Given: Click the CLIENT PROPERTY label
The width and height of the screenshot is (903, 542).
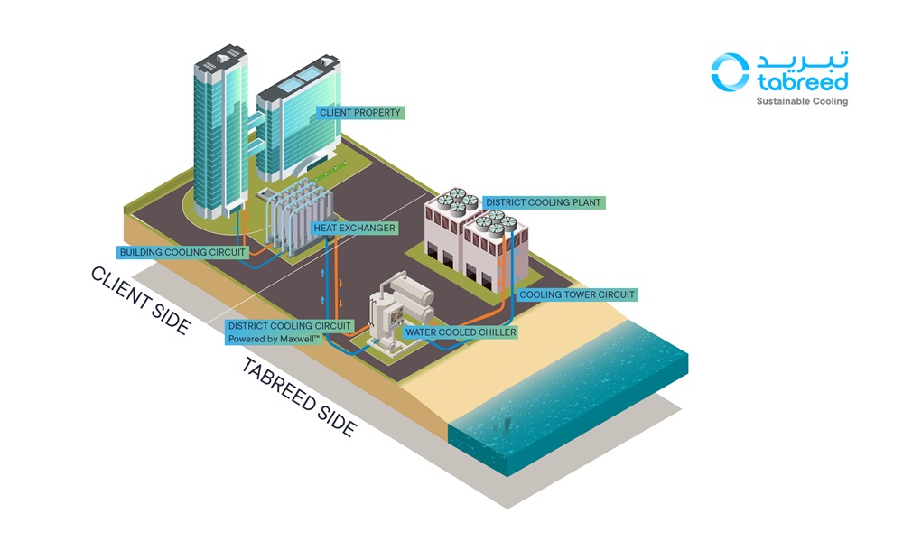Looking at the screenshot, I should coord(359,113).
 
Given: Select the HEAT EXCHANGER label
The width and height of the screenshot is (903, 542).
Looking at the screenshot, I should coord(354,228).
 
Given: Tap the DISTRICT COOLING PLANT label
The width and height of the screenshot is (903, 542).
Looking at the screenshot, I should coord(543,201).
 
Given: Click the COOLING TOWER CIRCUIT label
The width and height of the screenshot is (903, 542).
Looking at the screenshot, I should coord(577,294).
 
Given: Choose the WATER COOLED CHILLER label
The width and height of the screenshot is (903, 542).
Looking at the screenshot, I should coord(461,332).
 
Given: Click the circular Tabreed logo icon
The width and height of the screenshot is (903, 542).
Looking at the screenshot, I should coord(730,71).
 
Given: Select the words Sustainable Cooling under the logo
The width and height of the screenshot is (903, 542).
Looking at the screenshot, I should coord(802,101).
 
